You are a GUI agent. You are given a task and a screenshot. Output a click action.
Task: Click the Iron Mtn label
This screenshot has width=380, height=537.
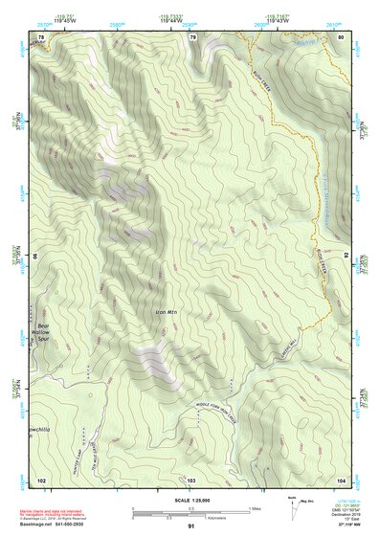point(167,311)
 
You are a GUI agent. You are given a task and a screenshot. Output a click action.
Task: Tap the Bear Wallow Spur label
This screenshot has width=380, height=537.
point(42,332)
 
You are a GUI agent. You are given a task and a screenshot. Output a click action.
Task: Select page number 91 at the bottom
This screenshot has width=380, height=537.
point(190,527)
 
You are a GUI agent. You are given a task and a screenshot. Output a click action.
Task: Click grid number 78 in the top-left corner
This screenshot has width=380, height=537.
point(40,36)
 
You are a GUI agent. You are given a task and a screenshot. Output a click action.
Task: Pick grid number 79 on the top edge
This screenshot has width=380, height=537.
point(192,36)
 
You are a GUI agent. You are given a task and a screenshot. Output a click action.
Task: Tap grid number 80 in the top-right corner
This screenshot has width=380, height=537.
point(341,36)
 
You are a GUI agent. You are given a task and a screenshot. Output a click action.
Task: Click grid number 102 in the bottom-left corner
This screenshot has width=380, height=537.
point(40,479)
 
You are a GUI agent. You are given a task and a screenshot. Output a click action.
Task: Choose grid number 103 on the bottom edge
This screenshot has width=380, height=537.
point(190,479)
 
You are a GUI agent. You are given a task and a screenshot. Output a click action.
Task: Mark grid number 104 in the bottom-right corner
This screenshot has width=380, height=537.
point(341,479)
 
